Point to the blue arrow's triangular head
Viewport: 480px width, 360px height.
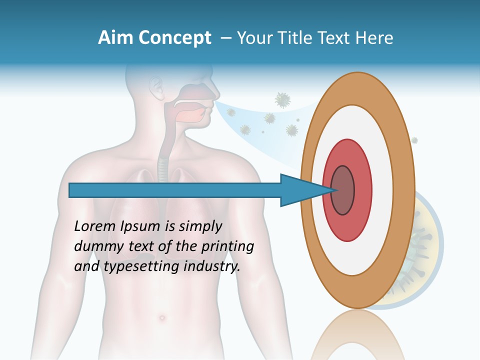click(x=300, y=190)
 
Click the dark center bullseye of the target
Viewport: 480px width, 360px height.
click(x=343, y=190)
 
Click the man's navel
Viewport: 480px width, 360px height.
click(x=160, y=317)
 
